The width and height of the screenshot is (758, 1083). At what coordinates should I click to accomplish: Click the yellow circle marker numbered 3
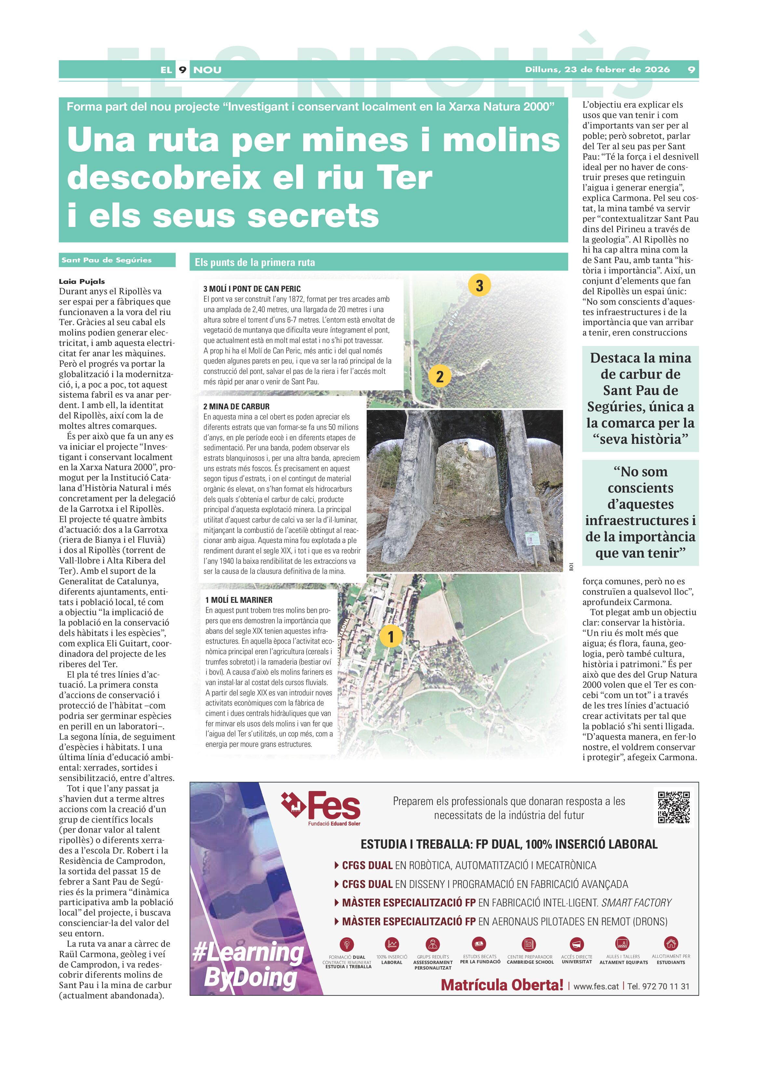tap(479, 285)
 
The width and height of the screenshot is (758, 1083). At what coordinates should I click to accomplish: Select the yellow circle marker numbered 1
tap(391, 636)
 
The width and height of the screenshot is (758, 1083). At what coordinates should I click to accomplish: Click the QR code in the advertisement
tap(673, 808)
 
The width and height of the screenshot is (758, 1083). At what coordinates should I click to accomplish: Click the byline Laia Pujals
tap(82, 281)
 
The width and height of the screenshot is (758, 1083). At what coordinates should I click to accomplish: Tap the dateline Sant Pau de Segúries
tap(107, 260)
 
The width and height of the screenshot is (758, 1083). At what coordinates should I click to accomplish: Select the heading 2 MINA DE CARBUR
tap(236, 406)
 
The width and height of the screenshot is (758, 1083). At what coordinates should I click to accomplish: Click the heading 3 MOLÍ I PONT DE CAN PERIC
tap(252, 289)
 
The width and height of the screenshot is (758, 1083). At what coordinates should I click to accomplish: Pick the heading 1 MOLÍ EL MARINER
tap(239, 600)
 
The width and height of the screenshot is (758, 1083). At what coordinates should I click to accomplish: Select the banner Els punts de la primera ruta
tap(255, 262)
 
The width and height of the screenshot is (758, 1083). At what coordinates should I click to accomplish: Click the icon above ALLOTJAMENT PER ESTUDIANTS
tap(671, 943)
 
